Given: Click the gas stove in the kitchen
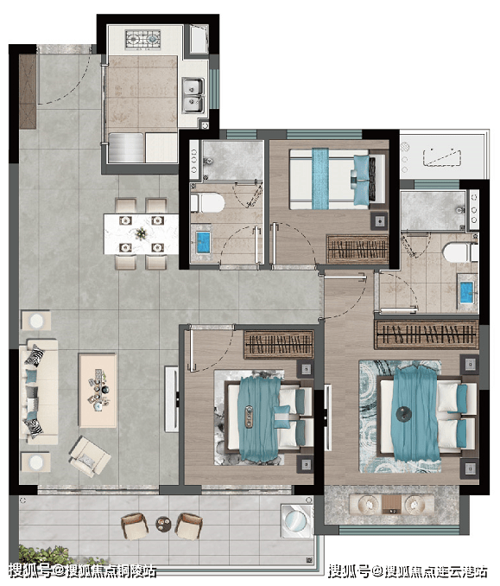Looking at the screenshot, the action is tap(143, 39).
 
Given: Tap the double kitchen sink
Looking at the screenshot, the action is tap(193, 95).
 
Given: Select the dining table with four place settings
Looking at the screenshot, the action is tap(141, 233).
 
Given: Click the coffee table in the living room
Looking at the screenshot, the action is tap(98, 390).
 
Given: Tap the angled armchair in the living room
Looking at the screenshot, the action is tap(89, 456).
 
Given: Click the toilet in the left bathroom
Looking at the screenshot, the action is tap(207, 203).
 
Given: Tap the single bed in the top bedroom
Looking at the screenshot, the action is tap(337, 179).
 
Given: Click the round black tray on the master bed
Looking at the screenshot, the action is tap(403, 414).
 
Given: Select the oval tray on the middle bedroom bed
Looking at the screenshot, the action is tap(250, 416).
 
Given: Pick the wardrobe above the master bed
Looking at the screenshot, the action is tap(427, 334).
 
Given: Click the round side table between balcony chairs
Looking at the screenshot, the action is tap(163, 523).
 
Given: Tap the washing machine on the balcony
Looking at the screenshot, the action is tap(296, 520).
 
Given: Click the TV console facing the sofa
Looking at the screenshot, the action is tap(172, 399).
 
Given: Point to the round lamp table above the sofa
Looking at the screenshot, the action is tap(36, 321).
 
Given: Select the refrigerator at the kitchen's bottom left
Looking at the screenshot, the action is tap(126, 148).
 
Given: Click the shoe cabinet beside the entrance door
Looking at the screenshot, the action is tap(28, 92).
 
